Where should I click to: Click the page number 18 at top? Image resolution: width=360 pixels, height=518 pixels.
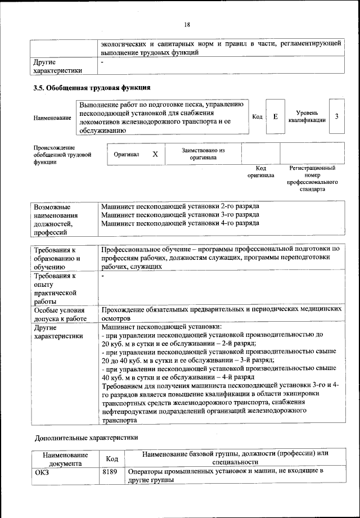tap(187, 24)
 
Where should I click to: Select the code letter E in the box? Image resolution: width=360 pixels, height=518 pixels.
tap(275, 116)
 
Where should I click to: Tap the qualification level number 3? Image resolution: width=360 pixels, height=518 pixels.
tap(336, 116)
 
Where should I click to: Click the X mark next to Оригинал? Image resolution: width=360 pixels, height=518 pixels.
tap(155, 154)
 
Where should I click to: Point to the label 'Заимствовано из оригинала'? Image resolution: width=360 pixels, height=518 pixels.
tap(203, 154)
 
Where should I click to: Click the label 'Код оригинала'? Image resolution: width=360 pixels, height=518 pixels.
tap(260, 172)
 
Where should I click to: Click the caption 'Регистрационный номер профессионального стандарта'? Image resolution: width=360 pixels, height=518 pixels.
tap(312, 179)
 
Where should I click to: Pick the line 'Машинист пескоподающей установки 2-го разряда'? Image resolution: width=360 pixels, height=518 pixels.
tap(180, 206)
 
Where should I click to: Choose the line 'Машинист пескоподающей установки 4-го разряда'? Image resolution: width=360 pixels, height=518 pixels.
tap(180, 223)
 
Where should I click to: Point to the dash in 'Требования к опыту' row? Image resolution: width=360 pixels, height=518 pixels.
tap(103, 277)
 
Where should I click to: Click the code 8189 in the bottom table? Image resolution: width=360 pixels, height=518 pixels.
tap(109, 471)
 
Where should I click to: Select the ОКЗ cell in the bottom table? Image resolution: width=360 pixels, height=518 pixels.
tap(42, 471)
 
